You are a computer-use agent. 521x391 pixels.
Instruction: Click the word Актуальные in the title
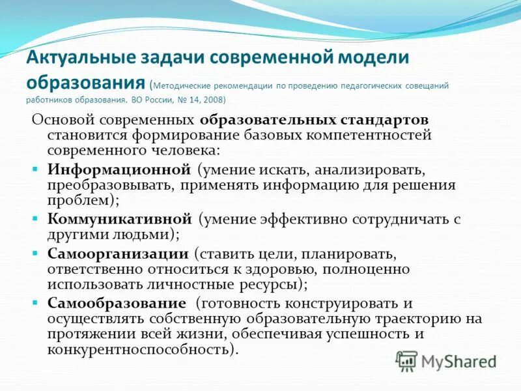81,57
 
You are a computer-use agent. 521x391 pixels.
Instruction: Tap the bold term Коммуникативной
119,219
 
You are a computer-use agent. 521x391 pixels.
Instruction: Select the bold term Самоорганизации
118,253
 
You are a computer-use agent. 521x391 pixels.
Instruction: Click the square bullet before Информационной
36,169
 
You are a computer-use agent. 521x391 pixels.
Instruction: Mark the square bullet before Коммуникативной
36,219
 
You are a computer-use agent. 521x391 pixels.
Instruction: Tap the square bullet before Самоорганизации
36,253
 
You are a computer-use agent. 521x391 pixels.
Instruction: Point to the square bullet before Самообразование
36,303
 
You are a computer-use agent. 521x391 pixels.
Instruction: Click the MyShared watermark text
458,360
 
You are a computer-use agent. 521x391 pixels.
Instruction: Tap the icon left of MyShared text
407,360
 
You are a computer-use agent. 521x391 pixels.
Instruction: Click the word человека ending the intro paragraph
185,149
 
